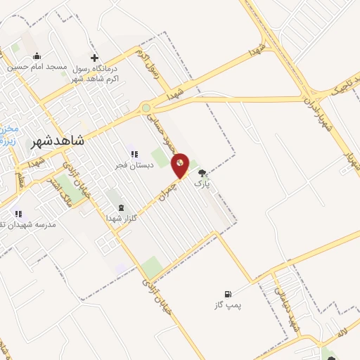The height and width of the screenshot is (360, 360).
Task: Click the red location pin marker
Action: pos(181,165)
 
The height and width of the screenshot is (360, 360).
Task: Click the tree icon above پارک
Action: pos(202,173)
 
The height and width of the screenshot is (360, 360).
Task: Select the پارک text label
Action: pos(202,184)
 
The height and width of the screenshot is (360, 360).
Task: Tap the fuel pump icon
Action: pos(227,294)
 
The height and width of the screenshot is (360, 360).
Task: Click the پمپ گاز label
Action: pos(227,305)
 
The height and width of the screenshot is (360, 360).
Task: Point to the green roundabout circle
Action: pos(146,108)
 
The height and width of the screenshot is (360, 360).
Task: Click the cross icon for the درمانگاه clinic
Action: pos(95,57)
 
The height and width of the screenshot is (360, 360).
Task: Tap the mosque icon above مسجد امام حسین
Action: pos(37,56)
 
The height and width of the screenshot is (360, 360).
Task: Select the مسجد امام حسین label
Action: pos(37,67)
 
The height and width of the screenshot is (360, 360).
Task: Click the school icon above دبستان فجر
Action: pos(131,154)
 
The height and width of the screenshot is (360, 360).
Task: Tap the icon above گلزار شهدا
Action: pos(123,207)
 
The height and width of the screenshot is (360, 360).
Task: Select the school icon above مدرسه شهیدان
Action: pos(18,213)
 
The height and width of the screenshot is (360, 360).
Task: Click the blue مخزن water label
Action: pos(7,134)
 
